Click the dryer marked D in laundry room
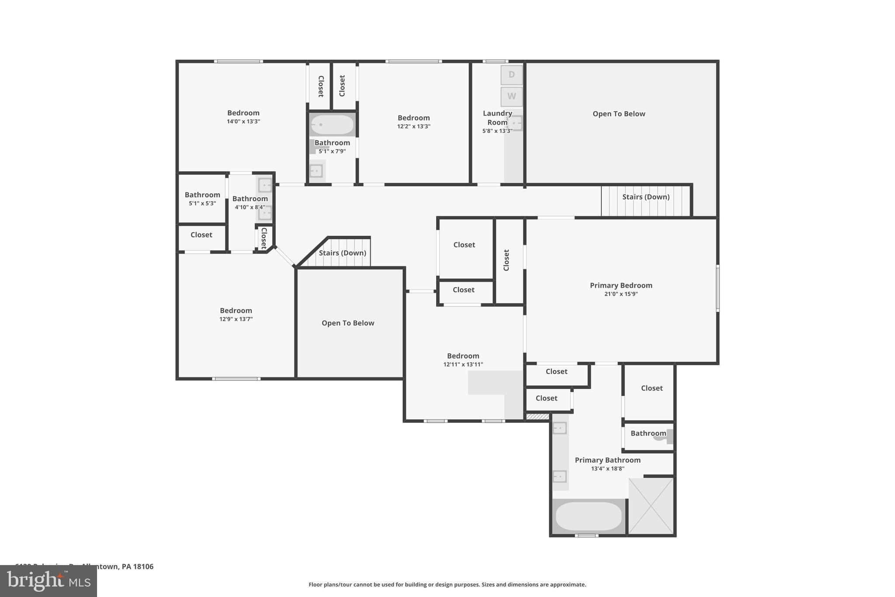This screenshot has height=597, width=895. pyautogui.click(x=511, y=75)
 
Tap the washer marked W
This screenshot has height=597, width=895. pyautogui.click(x=511, y=96)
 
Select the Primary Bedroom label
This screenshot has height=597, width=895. pyautogui.click(x=621, y=286)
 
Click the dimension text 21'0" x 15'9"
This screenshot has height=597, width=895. pyautogui.click(x=621, y=294)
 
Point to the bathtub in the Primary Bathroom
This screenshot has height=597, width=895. pyautogui.click(x=588, y=516)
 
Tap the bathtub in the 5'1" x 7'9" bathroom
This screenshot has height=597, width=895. pyautogui.click(x=332, y=125)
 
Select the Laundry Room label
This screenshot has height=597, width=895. pyautogui.click(x=497, y=118)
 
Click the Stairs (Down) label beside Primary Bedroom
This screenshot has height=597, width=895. pyautogui.click(x=646, y=197)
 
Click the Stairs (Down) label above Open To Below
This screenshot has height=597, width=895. pyautogui.click(x=342, y=253)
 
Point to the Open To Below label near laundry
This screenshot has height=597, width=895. pyautogui.click(x=619, y=114)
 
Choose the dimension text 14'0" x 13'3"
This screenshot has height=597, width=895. pyautogui.click(x=243, y=122)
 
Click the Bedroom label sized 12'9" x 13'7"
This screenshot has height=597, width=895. pyautogui.click(x=236, y=311)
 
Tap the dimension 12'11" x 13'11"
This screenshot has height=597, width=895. pyautogui.click(x=463, y=364)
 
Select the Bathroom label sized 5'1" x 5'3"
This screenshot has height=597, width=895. pyautogui.click(x=202, y=195)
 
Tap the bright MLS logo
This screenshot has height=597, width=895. pyautogui.click(x=49, y=581)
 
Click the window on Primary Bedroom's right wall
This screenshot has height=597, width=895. pyautogui.click(x=718, y=288)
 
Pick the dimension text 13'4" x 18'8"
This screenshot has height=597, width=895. pyautogui.click(x=607, y=469)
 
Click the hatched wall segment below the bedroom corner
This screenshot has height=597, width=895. pyautogui.click(x=537, y=417)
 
